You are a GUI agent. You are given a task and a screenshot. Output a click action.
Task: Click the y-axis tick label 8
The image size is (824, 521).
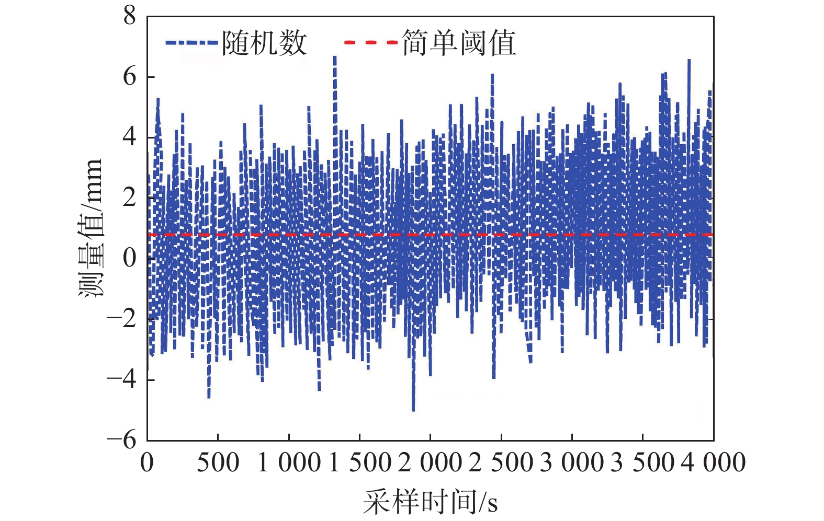point(129,16)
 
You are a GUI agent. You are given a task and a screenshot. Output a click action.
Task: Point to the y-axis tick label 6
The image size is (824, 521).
point(129,77)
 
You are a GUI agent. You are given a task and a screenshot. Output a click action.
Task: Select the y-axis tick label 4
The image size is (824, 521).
point(129,137)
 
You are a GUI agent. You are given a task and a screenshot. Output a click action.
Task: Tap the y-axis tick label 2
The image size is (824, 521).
point(129,198)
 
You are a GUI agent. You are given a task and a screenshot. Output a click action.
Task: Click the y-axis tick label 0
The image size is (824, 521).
point(129,258)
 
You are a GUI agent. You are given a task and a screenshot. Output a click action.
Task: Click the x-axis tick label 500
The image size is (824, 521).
point(218,463)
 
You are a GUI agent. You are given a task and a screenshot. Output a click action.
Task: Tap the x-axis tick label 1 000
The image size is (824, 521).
point(289,463)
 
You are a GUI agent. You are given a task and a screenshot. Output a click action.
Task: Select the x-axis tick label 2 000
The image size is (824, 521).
point(430,463)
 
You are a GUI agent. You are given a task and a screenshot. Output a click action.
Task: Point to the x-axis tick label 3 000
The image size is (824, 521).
point(572,463)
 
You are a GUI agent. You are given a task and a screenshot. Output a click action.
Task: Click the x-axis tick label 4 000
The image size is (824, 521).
point(713,463)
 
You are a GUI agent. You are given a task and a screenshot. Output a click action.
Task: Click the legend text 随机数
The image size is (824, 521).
point(264,43)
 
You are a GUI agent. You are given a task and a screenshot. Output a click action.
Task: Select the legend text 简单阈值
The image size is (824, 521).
point(459,43)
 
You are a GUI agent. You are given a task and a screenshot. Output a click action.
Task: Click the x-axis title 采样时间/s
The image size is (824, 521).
point(430,502)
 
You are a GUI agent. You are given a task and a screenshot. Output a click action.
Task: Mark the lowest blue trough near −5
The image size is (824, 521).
point(413,410)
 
